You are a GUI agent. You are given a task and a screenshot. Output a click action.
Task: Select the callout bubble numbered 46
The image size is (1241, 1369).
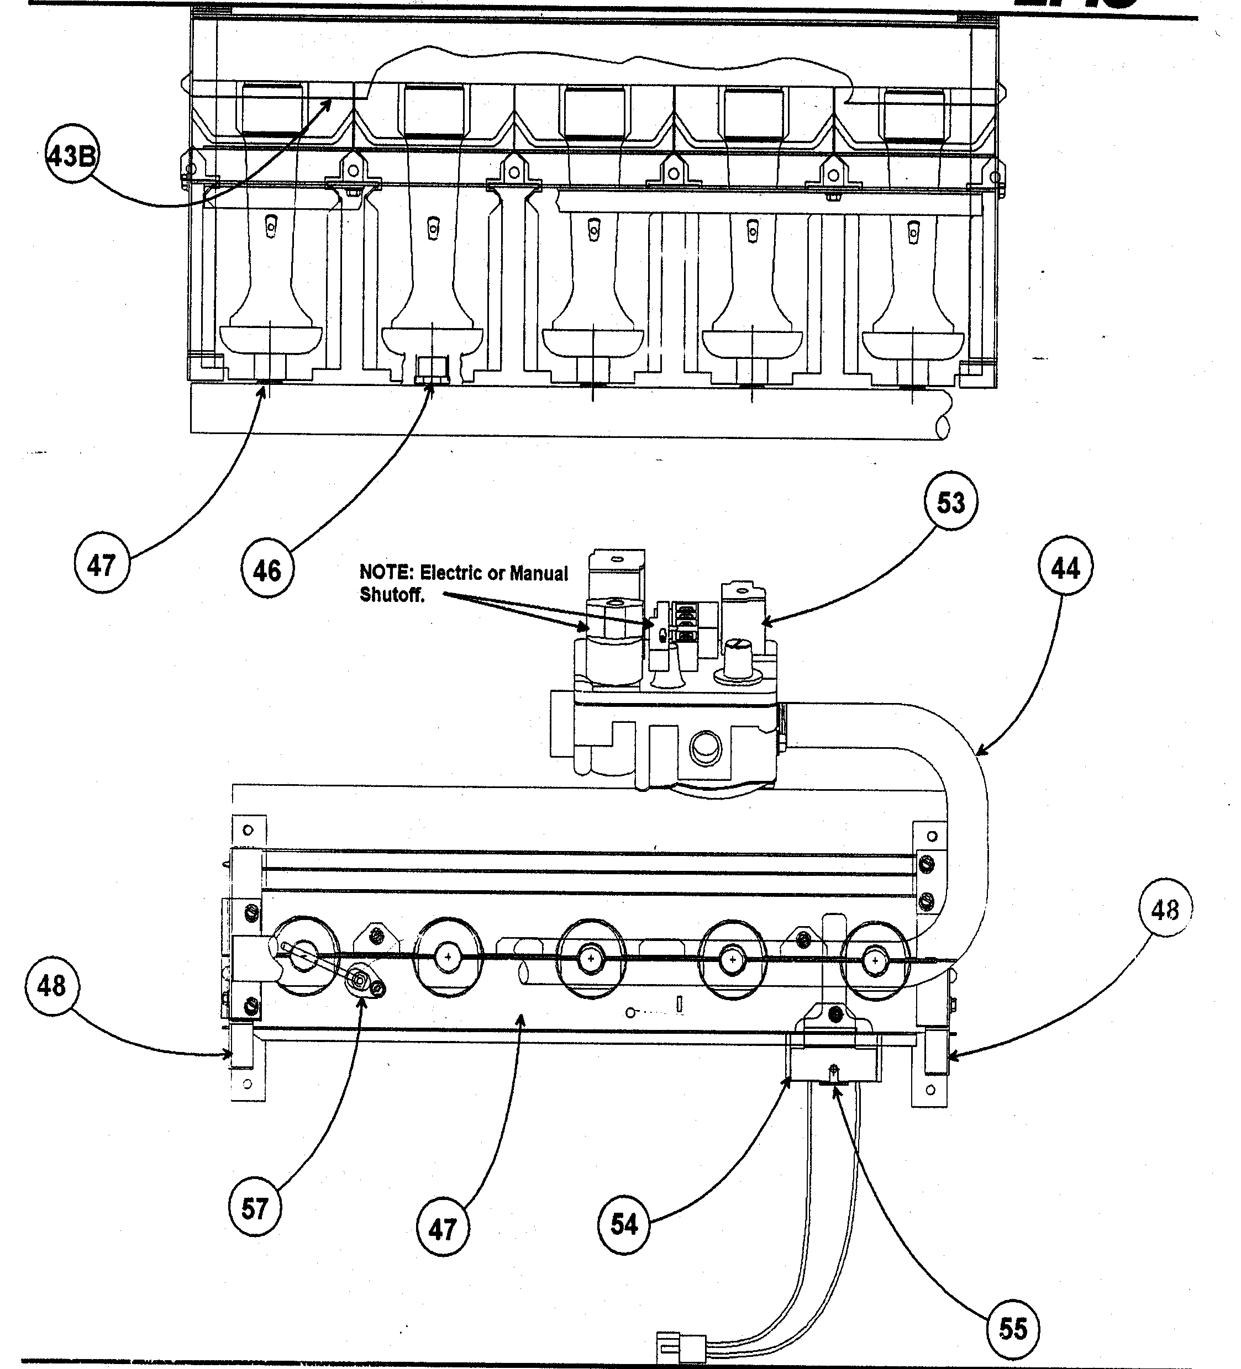(267, 570)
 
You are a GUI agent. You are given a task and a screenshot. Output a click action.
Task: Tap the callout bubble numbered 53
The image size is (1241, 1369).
(950, 503)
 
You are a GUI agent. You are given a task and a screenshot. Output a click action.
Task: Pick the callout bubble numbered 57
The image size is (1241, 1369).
(255, 1227)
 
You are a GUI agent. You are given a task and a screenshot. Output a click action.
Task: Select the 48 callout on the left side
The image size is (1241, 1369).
(51, 985)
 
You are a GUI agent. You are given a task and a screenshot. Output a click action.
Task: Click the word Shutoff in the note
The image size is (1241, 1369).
(391, 594)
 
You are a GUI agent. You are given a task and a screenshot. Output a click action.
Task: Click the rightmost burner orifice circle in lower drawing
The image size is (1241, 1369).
(874, 960)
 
